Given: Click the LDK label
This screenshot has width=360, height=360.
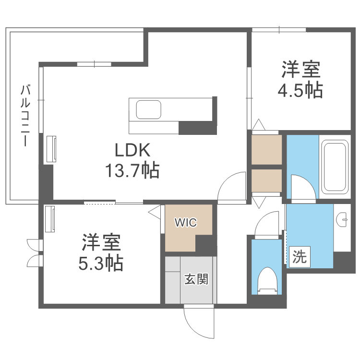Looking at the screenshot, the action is (x=132, y=150).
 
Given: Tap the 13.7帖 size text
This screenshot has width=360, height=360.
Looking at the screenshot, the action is (x=132, y=170).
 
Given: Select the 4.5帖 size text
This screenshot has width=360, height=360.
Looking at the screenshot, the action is (x=300, y=90).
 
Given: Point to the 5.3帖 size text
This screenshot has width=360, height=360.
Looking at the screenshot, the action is (x=101, y=263).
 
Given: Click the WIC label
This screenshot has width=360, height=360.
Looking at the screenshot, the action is (x=185, y=222).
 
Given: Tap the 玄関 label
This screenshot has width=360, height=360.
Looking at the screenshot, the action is (x=196, y=279).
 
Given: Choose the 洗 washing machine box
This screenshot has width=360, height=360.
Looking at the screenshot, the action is (x=300, y=257).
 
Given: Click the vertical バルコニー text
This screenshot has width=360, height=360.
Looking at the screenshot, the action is (x=25, y=116).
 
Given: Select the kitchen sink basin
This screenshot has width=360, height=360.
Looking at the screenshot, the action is (x=148, y=109).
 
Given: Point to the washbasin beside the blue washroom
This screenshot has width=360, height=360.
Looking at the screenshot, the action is (x=342, y=219).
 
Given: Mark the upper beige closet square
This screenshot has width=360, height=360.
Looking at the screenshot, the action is (x=267, y=149).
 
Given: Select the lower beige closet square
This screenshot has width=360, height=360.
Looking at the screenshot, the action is (x=267, y=180).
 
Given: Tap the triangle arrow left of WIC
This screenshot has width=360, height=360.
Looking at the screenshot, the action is (x=154, y=213).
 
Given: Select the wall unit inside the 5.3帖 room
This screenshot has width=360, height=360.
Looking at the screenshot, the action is (x=50, y=219).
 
